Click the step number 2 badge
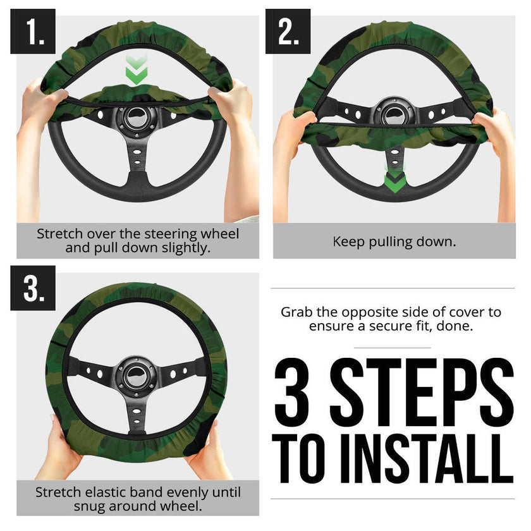tap(288, 32)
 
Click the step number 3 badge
tap(33, 288)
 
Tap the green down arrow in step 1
tap(136, 69)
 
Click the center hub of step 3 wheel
tap(137, 373)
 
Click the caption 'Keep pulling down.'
tap(394, 241)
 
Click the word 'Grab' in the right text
tap(297, 312)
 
